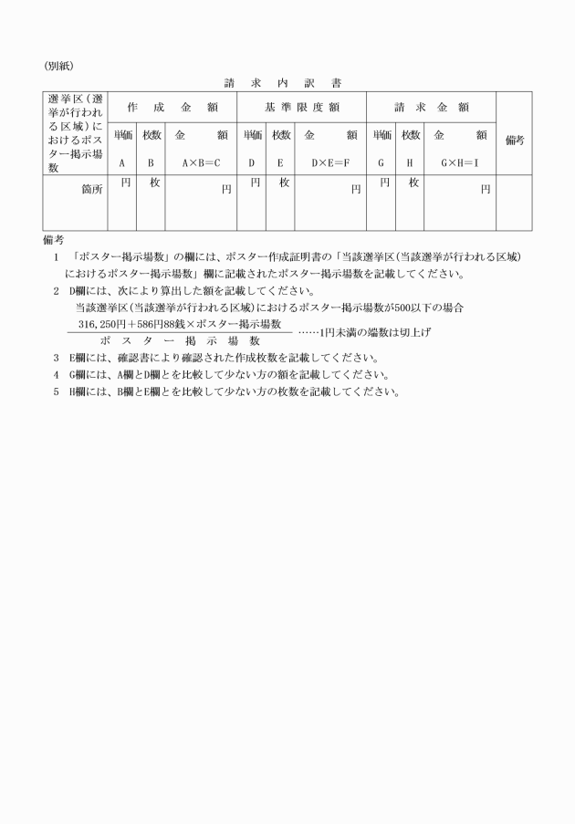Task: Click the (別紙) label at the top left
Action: click(x=58, y=66)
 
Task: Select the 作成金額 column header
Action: click(x=172, y=107)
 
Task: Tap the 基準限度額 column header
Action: click(x=302, y=107)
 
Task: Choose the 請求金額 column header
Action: click(x=432, y=107)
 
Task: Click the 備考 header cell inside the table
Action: click(x=515, y=141)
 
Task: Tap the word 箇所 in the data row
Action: click(x=92, y=189)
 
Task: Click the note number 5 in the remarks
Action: click(x=56, y=391)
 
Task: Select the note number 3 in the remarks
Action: click(x=56, y=357)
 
